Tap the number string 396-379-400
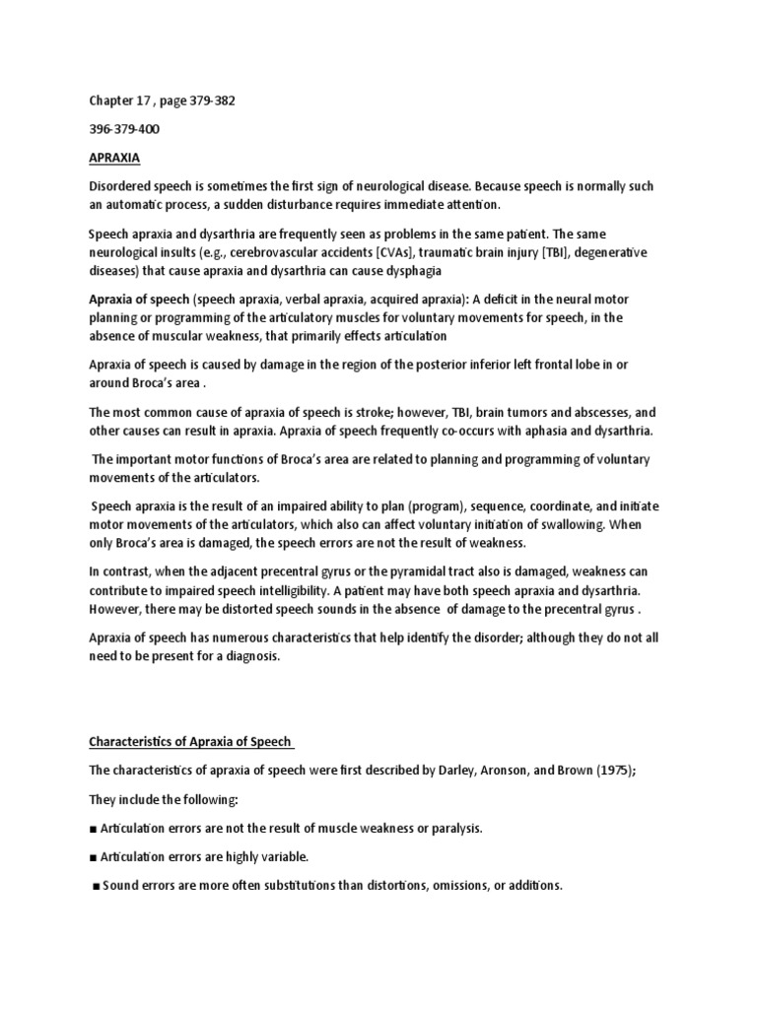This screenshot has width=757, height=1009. [124, 128]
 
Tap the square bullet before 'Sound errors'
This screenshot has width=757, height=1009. [96, 886]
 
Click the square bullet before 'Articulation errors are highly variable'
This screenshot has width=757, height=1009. [93, 857]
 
